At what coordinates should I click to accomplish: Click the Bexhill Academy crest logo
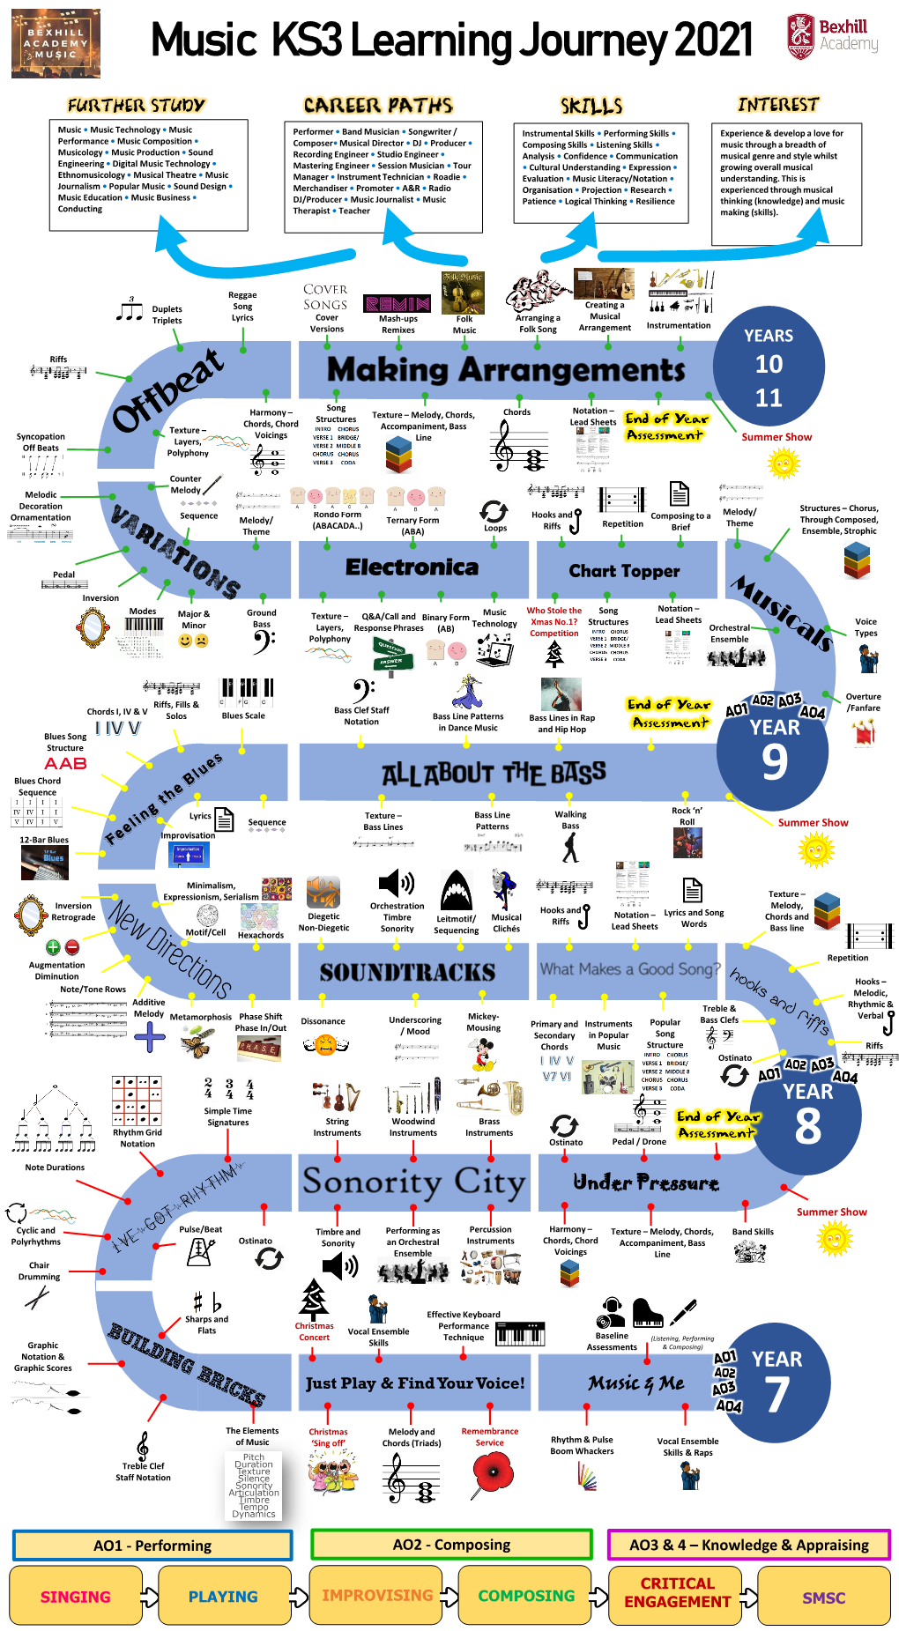pos(800,36)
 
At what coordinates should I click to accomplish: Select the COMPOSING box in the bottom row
pos(526,1595)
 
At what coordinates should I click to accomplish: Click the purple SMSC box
pos(823,1597)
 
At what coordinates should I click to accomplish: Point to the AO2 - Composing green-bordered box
pos(451,1544)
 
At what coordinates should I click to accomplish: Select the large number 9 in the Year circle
pos(775,762)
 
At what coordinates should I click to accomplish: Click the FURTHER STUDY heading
pos(136,106)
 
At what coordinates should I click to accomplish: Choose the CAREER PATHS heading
pos(378,106)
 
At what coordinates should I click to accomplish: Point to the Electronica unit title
pos(412,567)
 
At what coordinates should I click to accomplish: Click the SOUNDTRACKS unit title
pos(407,972)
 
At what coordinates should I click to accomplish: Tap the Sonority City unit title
pos(414,1181)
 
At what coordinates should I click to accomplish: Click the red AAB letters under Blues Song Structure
pos(66,763)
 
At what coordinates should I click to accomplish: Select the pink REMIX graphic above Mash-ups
pos(397,303)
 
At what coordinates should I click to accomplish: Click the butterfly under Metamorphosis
pos(197,1044)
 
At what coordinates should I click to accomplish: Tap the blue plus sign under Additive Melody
pos(150,1036)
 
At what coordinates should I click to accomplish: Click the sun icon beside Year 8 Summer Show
pos(834,1239)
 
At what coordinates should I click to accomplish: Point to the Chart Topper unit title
pos(624,571)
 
